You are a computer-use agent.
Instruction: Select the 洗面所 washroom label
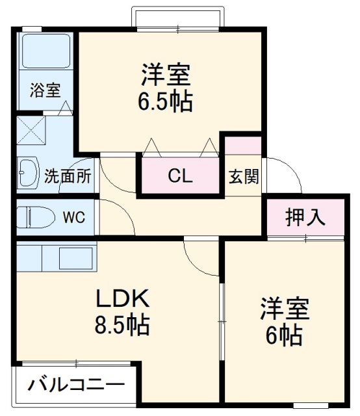click(x=68, y=175)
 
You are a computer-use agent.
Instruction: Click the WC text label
click(x=73, y=217)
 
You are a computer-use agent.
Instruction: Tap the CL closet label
click(x=180, y=175)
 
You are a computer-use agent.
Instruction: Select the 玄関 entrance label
click(x=244, y=176)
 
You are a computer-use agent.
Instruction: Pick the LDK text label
click(x=123, y=299)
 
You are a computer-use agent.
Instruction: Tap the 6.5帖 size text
click(x=164, y=102)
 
